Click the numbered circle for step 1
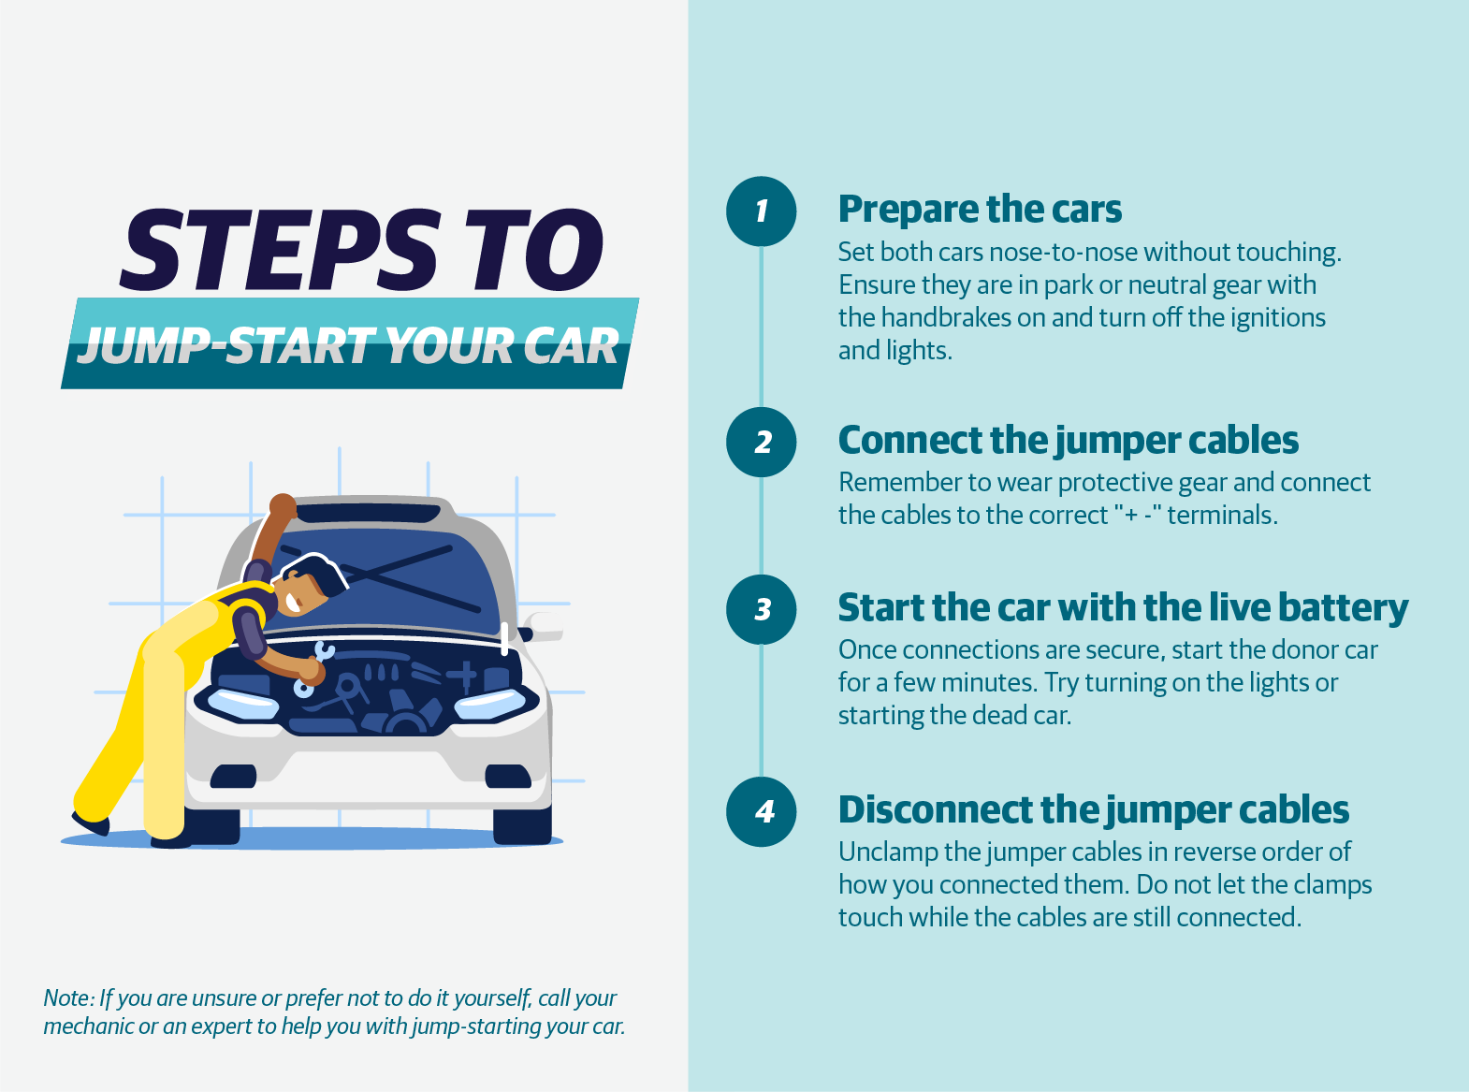click(762, 211)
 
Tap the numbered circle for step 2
click(762, 442)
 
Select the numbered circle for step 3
click(762, 609)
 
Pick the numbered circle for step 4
click(762, 811)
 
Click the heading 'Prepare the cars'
click(979, 210)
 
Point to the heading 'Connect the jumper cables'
click(1068, 440)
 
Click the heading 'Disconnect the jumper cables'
click(1093, 809)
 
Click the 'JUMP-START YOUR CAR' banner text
click(348, 346)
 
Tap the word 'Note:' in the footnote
click(69, 998)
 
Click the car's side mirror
click(541, 626)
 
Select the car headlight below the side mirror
click(489, 703)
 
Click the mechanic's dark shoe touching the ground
click(170, 839)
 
